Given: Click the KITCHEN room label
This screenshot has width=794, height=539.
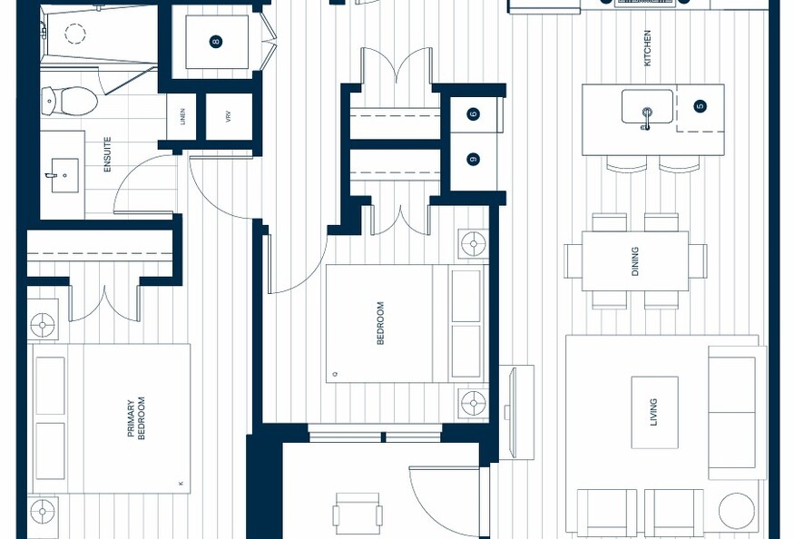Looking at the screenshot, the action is coord(647,47).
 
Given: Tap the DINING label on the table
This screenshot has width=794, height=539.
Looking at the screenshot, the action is coord(635,261).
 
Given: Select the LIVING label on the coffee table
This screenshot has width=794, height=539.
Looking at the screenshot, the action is coord(653,412).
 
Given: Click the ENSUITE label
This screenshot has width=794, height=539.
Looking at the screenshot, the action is coord(107,154).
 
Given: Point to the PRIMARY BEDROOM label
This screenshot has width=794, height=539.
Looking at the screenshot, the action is coord(136,418).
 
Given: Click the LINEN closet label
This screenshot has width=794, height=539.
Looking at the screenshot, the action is coord(182,116).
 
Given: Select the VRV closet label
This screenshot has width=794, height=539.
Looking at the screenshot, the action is coord(229,116).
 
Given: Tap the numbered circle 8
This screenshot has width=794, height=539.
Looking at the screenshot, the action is coord(216,42).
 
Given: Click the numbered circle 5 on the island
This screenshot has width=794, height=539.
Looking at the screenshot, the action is coord(701,106).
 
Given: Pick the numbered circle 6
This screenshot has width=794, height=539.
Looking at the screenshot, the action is coord(474,114).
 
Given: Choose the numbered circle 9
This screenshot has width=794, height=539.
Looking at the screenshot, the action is coord(474,160).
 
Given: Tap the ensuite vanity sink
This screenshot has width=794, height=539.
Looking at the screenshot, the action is coord(64,175).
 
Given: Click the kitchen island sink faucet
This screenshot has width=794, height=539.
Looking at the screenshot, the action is coord(646,120).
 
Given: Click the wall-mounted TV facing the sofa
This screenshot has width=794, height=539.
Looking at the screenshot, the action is coord(513,412).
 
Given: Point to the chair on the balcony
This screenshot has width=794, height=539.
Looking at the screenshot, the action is coord(358,515).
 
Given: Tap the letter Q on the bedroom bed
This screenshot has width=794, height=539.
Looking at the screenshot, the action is coord(335,375).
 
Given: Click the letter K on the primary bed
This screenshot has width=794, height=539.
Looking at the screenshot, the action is coord(181,485).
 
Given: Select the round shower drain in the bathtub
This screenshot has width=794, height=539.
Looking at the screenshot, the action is coord(75,34).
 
